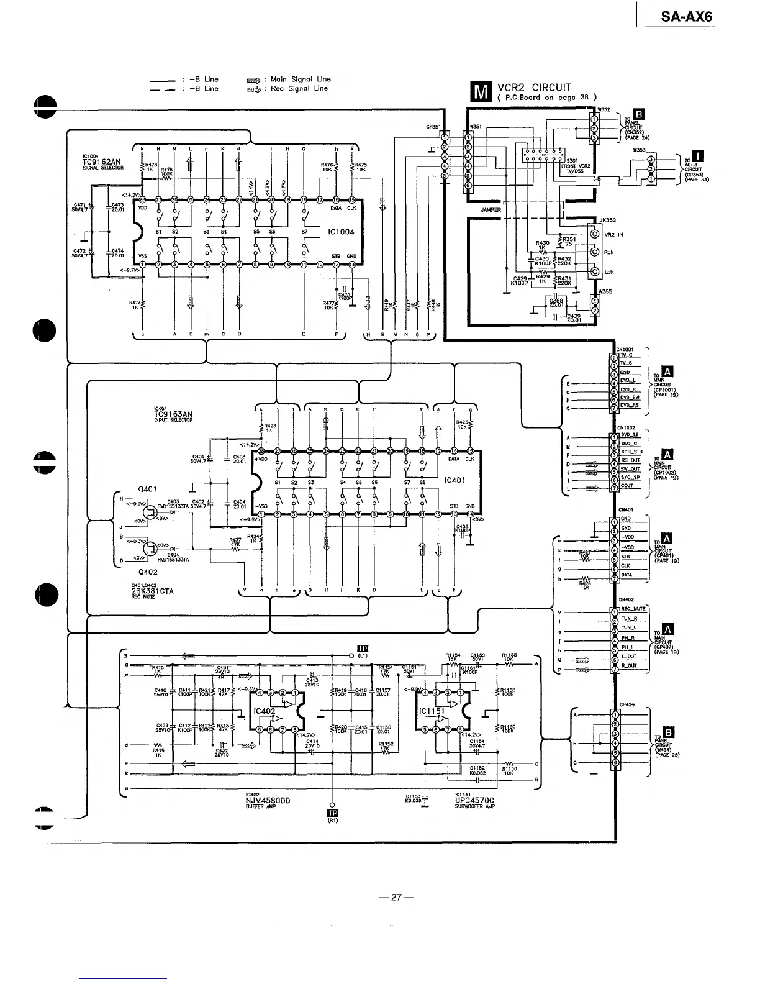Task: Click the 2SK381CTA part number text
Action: click(153, 591)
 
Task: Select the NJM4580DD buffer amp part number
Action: click(268, 800)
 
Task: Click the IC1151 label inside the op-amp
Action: click(430, 711)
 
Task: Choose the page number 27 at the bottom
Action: click(397, 897)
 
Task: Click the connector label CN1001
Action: click(625, 348)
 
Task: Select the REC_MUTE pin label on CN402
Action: click(633, 608)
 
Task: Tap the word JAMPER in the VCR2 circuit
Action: click(491, 210)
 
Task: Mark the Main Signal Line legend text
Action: click(301, 79)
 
